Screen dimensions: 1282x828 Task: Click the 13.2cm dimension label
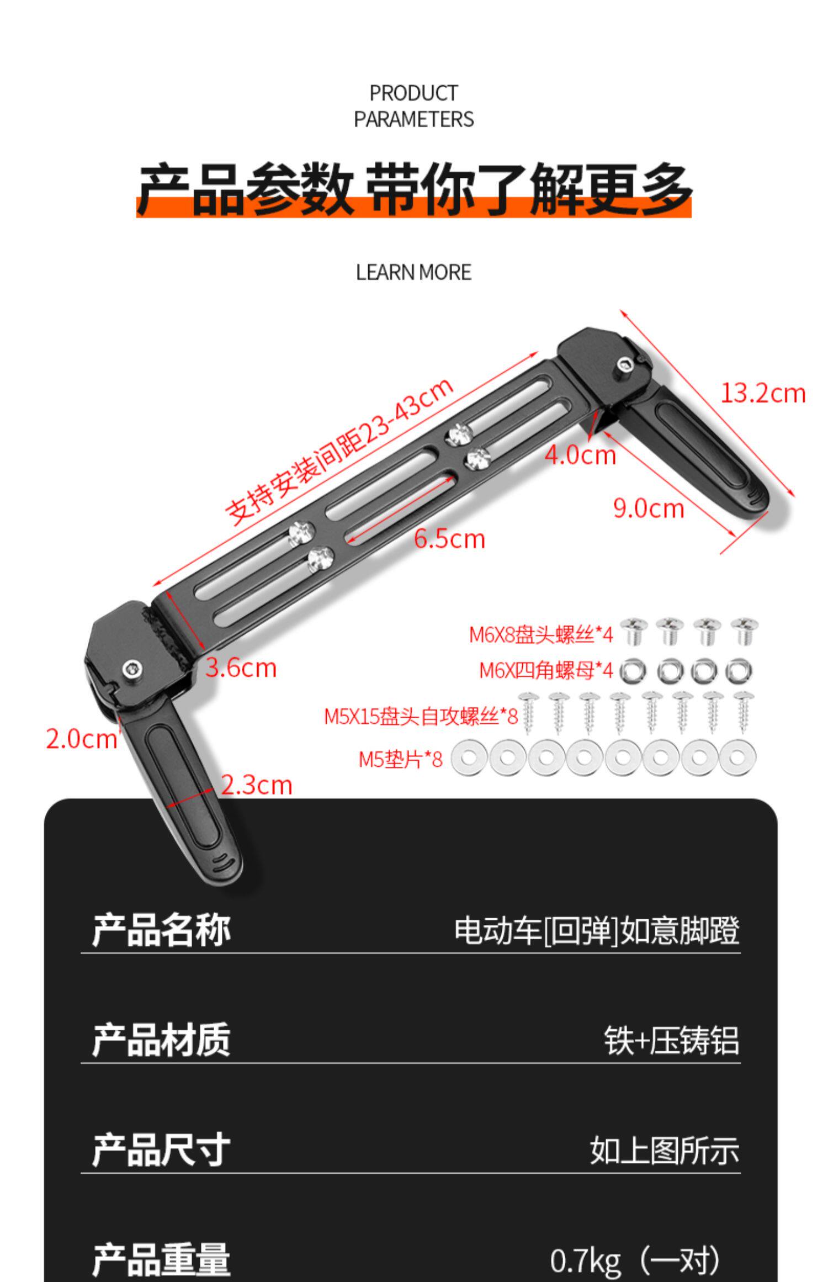(x=763, y=394)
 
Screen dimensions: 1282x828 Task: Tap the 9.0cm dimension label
(x=648, y=508)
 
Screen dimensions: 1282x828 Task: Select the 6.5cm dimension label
(x=449, y=539)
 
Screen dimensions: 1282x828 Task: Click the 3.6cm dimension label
(x=241, y=668)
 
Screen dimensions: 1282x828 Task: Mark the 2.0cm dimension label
(x=81, y=739)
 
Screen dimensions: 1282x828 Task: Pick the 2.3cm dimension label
(x=256, y=785)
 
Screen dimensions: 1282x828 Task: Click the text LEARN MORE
(x=413, y=272)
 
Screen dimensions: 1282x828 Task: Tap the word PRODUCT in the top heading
(x=413, y=93)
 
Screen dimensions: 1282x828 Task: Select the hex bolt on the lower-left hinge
(x=132, y=669)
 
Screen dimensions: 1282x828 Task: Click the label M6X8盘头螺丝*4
(x=540, y=635)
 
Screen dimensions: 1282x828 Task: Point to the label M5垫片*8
(x=400, y=760)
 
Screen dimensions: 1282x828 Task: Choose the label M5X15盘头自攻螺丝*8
(x=421, y=717)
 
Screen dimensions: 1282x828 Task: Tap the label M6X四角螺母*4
(x=545, y=670)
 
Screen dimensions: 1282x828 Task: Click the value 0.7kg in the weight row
(x=585, y=1256)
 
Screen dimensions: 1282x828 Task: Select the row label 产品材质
(x=161, y=1040)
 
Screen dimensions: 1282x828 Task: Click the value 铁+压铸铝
(x=671, y=1041)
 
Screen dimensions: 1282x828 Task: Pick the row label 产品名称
(x=161, y=930)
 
